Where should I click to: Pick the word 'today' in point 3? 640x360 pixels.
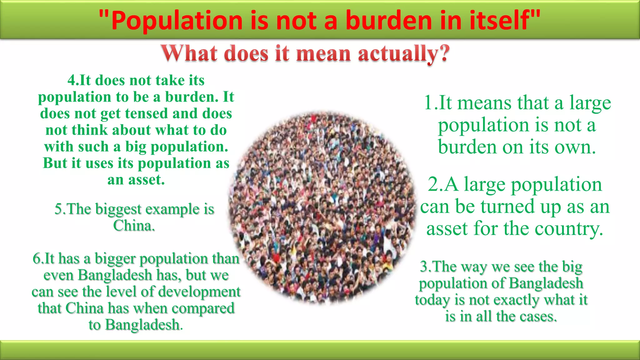pyautogui.click(x=432, y=300)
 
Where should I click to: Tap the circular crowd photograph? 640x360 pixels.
pyautogui.click(x=322, y=208)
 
